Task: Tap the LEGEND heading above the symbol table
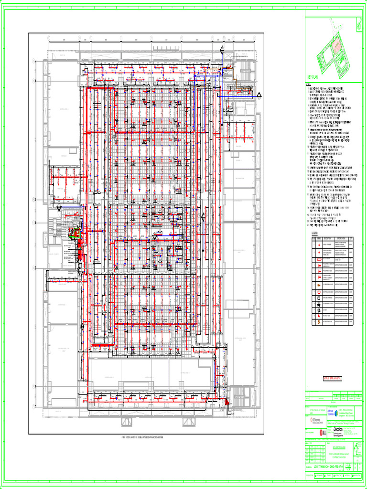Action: (x=312, y=234)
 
